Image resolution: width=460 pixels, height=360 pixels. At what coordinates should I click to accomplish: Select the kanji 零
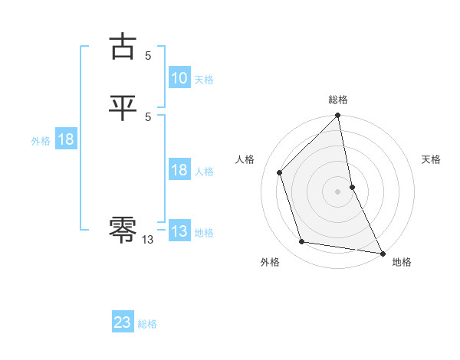pyautogui.click(x=123, y=228)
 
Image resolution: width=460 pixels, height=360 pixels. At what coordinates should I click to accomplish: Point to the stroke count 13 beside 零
pyautogui.click(x=148, y=240)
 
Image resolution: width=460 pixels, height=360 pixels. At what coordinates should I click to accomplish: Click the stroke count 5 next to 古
pyautogui.click(x=148, y=55)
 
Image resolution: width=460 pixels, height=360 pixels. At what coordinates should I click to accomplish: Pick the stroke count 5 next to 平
pyautogui.click(x=148, y=116)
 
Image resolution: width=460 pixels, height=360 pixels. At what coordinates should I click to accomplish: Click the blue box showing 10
pyautogui.click(x=179, y=78)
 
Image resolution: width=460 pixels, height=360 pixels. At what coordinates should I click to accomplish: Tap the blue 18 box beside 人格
pyautogui.click(x=179, y=170)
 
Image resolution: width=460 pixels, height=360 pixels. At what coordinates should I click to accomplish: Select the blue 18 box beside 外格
pyautogui.click(x=65, y=139)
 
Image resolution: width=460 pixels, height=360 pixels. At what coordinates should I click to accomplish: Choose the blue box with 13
pyautogui.click(x=179, y=231)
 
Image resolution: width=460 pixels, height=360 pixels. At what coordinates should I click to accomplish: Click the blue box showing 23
pyautogui.click(x=123, y=322)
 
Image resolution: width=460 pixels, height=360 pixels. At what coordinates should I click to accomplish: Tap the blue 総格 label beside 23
pyautogui.click(x=147, y=324)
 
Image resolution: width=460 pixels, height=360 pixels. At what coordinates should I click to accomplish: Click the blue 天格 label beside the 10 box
pyautogui.click(x=204, y=80)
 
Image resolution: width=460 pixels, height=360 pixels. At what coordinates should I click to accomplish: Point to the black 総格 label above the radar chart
pyautogui.click(x=338, y=100)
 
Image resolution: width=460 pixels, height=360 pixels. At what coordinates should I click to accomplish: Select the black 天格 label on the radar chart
pyautogui.click(x=431, y=159)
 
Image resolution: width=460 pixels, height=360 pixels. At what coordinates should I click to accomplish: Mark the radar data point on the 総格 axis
pyautogui.click(x=338, y=116)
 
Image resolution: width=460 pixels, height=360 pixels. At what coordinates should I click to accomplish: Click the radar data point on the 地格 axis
pyautogui.click(x=382, y=252)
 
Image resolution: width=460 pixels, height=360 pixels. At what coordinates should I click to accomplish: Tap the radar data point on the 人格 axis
pyautogui.click(x=280, y=172)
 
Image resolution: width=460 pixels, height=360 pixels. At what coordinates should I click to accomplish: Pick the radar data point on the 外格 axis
pyautogui.click(x=302, y=242)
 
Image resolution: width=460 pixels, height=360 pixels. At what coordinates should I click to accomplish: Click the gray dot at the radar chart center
pyautogui.click(x=338, y=191)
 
